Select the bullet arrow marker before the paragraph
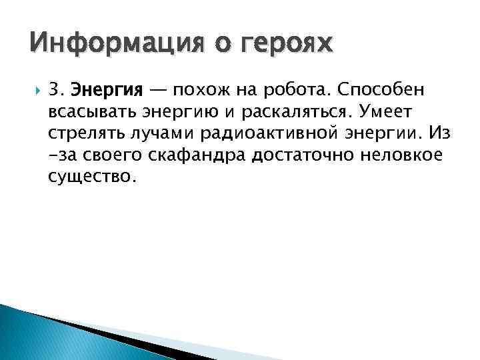35,89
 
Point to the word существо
91,177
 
